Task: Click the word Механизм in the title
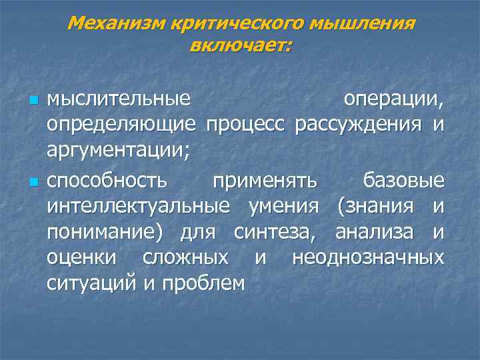[117, 25]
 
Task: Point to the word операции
[393, 100]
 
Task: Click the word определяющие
[121, 126]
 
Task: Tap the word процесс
[247, 126]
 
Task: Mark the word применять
[264, 181]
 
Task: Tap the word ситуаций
[92, 283]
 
